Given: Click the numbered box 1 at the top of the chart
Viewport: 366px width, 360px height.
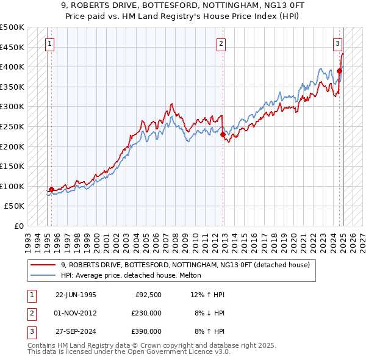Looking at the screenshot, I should (x=49, y=43).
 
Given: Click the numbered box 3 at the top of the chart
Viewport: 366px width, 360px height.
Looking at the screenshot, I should (x=337, y=43).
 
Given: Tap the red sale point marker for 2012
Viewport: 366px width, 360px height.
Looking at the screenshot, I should (x=223, y=134).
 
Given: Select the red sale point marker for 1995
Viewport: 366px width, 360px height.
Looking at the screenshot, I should (x=51, y=189).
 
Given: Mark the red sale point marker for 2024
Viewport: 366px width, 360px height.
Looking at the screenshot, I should (x=340, y=71).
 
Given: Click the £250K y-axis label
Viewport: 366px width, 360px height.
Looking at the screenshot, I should (x=12, y=126).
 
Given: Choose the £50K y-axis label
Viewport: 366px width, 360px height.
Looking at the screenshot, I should (x=15, y=206).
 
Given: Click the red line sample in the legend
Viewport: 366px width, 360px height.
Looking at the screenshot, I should (x=43, y=265).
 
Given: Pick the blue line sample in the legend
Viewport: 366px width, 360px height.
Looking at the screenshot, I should (x=43, y=275).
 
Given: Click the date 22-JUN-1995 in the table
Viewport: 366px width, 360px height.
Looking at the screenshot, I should (x=76, y=295).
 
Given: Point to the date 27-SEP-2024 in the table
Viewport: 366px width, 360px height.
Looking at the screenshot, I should (x=76, y=331).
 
